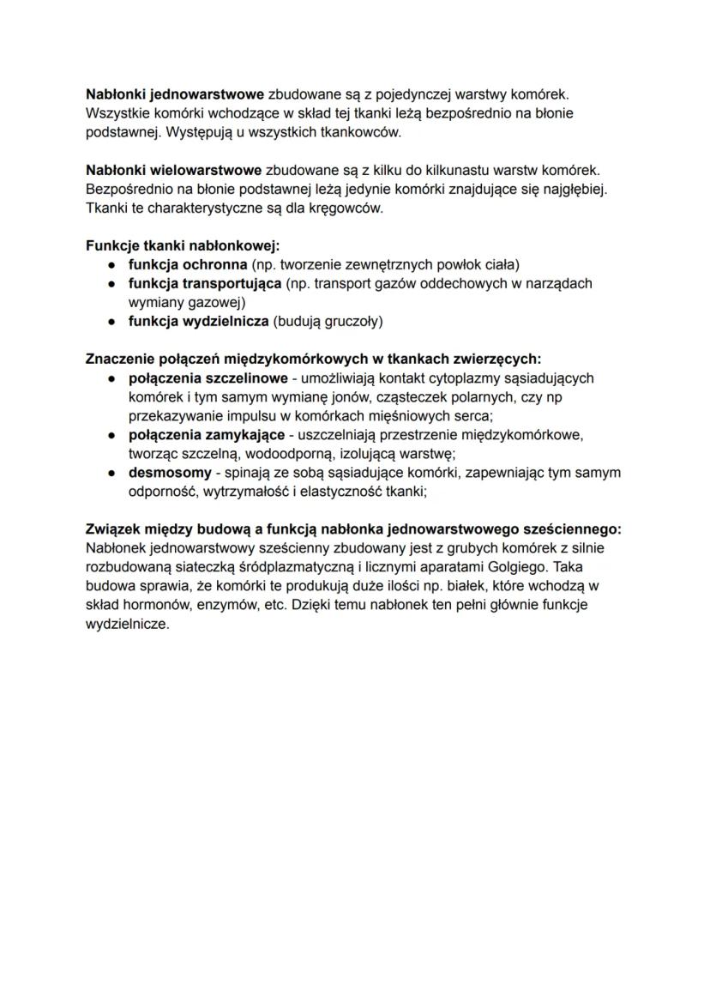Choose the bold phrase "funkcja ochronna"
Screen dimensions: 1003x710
point(183,264)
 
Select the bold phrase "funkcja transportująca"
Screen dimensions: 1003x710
point(205,283)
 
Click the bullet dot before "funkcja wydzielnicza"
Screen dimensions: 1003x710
point(112,322)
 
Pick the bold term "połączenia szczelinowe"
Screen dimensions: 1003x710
point(208,378)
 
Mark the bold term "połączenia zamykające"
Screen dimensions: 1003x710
point(207,435)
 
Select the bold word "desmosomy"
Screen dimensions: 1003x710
point(170,473)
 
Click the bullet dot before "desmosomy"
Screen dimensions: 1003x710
point(112,473)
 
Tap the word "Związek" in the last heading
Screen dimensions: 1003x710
point(115,529)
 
